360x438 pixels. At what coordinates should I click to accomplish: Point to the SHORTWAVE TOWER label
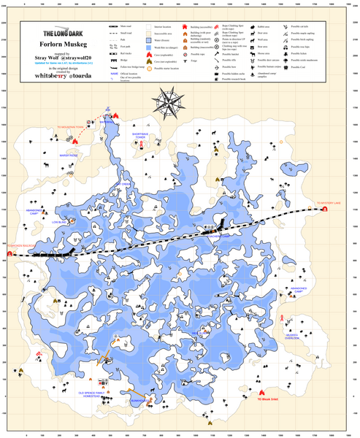(x=143, y=136)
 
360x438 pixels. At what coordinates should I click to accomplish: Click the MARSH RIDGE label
(x=69, y=155)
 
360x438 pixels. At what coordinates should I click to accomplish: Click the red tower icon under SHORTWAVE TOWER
(x=142, y=145)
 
